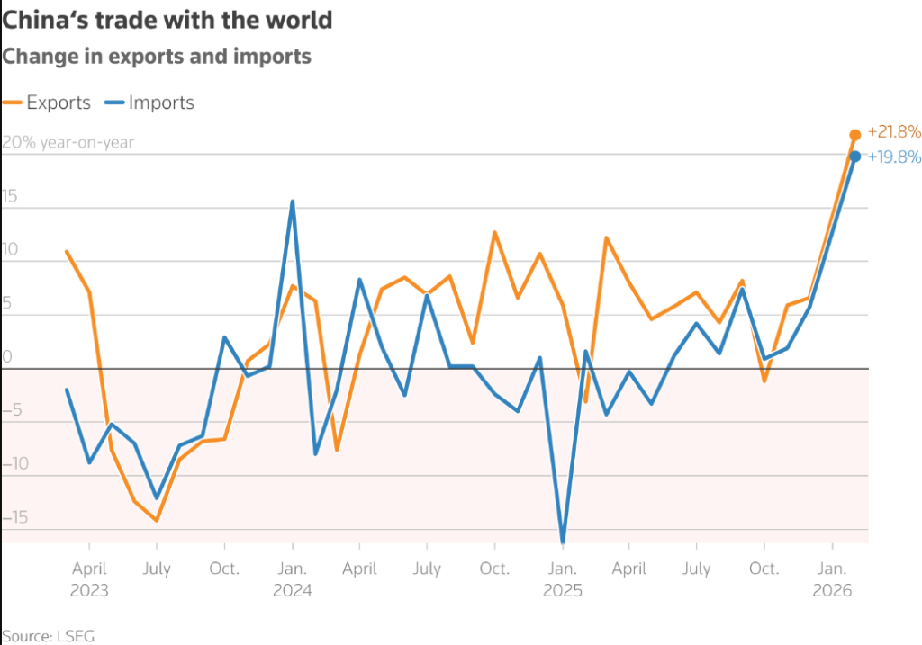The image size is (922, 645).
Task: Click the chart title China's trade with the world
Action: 167,19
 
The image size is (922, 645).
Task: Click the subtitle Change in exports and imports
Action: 157,57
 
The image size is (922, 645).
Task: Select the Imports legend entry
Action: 150,103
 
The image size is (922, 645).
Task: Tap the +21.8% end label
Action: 893,132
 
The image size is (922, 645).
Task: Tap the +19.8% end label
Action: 893,157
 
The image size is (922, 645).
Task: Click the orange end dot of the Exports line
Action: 855,135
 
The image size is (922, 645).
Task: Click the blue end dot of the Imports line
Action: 855,157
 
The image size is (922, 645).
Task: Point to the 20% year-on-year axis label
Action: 68,142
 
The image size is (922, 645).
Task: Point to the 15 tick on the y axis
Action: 9,197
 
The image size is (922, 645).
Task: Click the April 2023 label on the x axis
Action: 89,579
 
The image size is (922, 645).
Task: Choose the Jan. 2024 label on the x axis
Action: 292,579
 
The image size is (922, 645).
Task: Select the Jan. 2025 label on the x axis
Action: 563,579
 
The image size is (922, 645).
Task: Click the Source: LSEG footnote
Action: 48,635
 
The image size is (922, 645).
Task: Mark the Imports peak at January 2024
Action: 293,202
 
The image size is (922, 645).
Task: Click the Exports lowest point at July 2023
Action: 157,520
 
